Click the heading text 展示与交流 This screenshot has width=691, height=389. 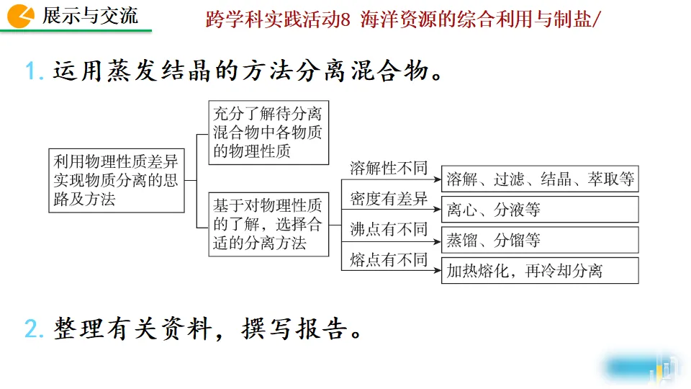click(90, 15)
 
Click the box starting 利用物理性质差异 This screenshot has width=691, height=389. click(116, 180)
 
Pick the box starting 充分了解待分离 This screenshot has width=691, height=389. click(268, 132)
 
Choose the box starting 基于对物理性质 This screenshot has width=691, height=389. click(268, 223)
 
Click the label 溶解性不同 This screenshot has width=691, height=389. click(389, 169)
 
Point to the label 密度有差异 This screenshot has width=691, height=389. click(389, 199)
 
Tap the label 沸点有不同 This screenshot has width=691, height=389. click(389, 229)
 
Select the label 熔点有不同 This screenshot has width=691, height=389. click(389, 259)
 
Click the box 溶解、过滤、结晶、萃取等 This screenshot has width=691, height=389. click(540, 179)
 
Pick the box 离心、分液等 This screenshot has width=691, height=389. click(540, 210)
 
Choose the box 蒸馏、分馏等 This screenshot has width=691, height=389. click(540, 240)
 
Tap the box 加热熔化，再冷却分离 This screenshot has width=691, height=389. click(540, 270)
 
